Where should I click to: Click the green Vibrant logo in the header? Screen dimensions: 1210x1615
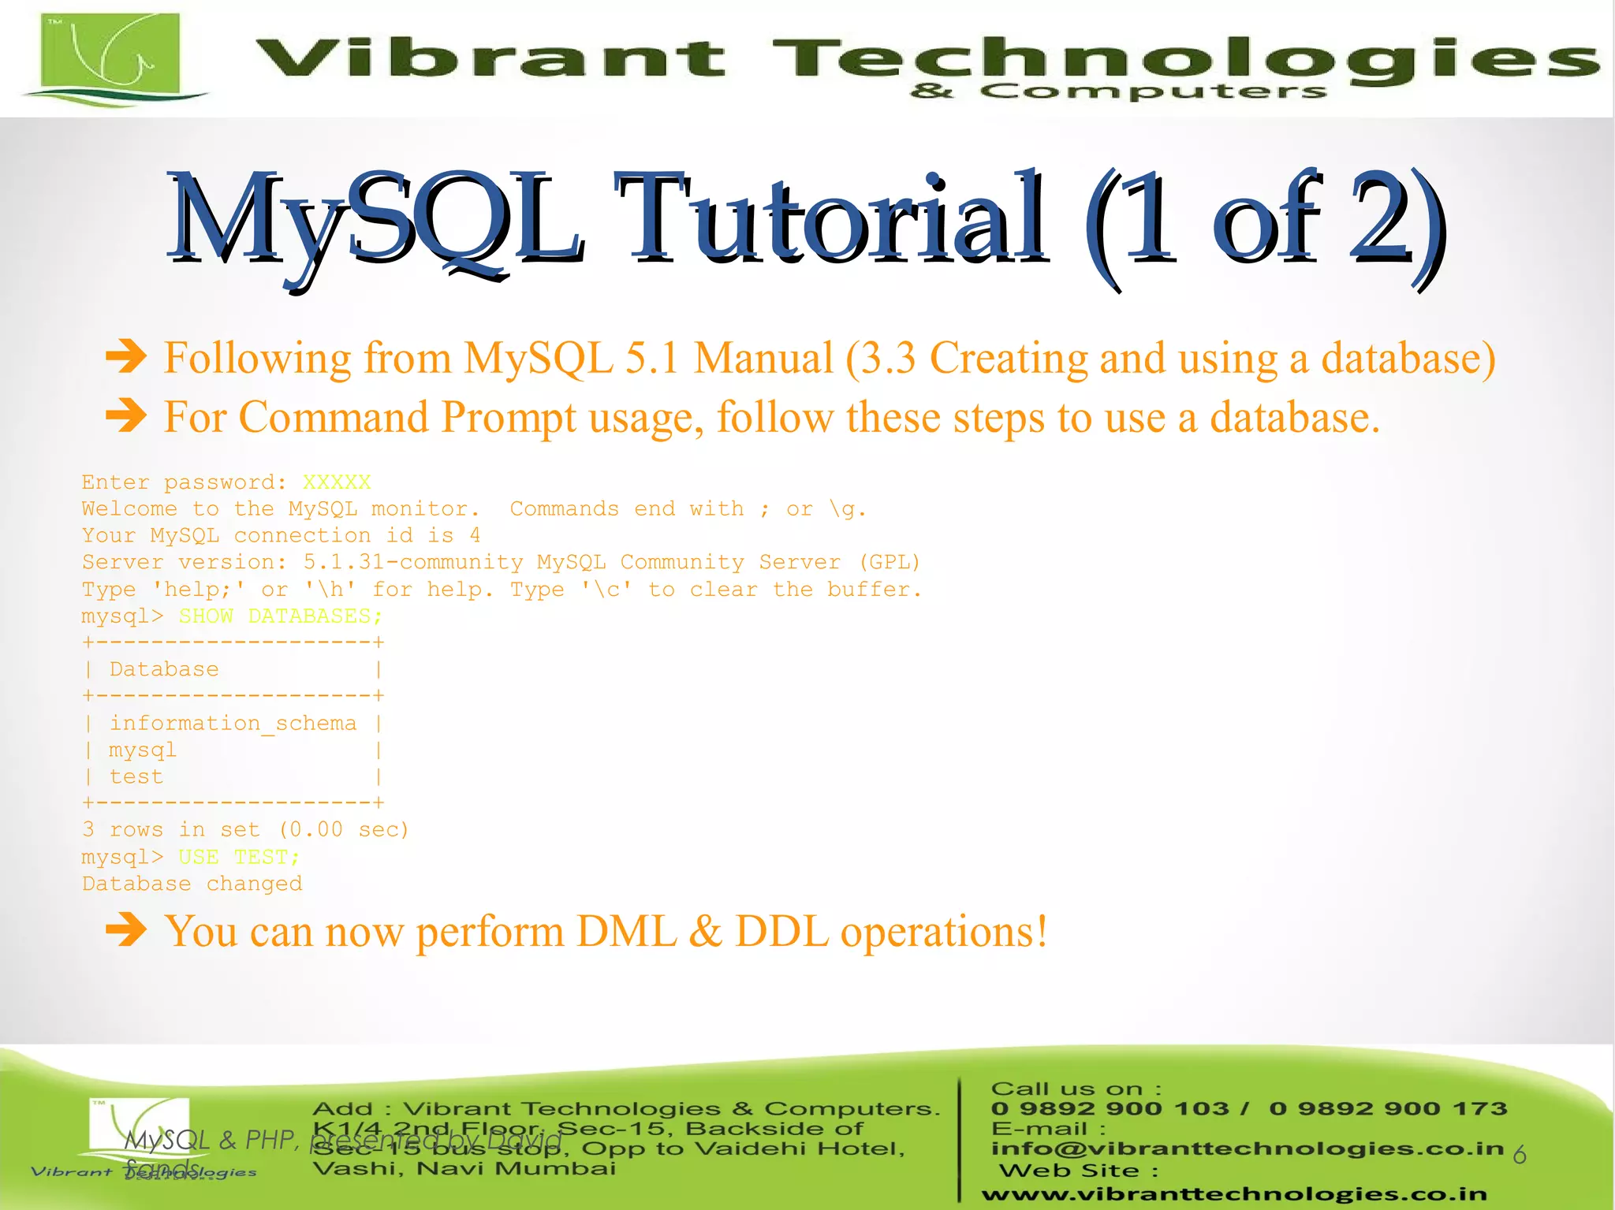pos(110,55)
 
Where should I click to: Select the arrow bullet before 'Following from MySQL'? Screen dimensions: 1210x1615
pos(126,356)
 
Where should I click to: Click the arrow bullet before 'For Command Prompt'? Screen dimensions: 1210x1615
pos(126,415)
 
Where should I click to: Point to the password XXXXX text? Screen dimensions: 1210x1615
pos(337,482)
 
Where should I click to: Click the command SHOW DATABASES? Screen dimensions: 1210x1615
pos(280,616)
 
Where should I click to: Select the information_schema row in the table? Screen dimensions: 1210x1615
pos(233,723)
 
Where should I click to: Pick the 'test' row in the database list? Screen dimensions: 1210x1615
pos(136,776)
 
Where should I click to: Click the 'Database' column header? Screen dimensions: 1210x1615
pos(164,669)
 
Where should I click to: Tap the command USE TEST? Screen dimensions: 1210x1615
pos(239,857)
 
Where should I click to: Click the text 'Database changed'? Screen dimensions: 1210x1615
pos(192,884)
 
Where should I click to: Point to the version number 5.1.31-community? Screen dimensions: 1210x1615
pos(413,562)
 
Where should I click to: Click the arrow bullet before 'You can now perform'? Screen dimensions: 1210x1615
pos(126,930)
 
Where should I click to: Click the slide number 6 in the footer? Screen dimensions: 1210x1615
pos(1520,1156)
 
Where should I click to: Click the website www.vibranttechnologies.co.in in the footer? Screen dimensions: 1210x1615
pos(1234,1194)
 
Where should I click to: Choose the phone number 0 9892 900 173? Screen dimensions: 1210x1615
pos(1388,1108)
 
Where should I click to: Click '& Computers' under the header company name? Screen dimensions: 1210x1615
pos(1118,91)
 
